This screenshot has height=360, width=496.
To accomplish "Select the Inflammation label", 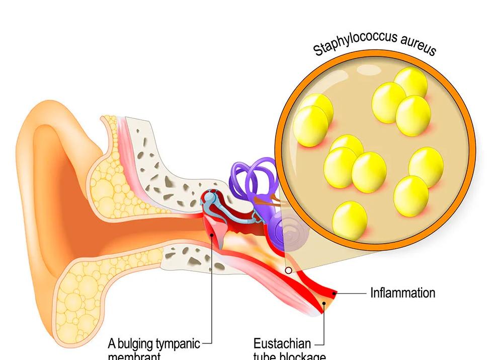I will point(402,293).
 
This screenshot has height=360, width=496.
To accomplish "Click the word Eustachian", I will point(282,344).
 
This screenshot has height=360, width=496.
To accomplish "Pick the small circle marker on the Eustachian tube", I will point(288,270).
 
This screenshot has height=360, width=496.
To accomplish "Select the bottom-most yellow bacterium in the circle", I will point(350,220).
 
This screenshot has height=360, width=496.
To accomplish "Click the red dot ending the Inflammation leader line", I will point(336,293).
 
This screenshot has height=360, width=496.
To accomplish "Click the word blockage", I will point(301,356).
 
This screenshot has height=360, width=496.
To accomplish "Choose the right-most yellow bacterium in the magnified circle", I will point(426,167).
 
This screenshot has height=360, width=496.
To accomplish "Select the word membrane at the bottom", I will point(134,356).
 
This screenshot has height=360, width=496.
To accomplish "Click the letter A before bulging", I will point(112,344).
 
